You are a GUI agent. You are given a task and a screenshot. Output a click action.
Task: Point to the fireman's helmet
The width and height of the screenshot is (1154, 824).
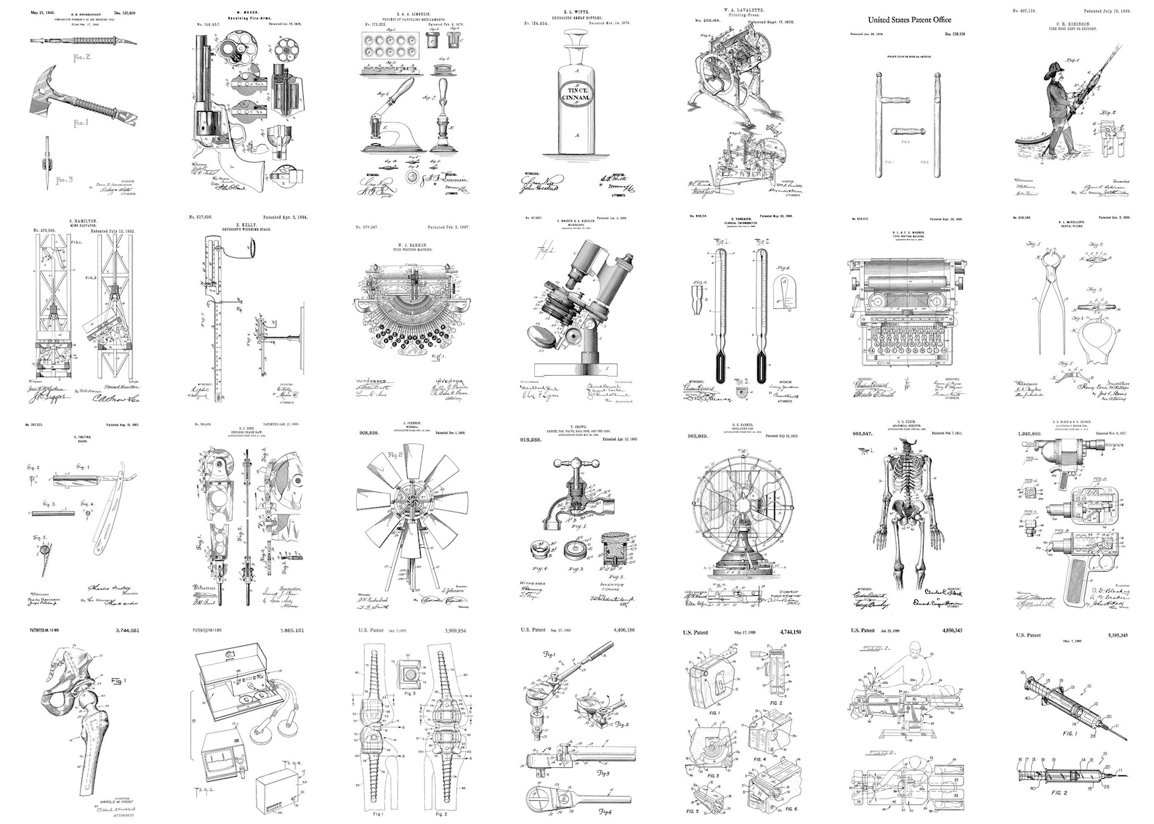coord(1052,73)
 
